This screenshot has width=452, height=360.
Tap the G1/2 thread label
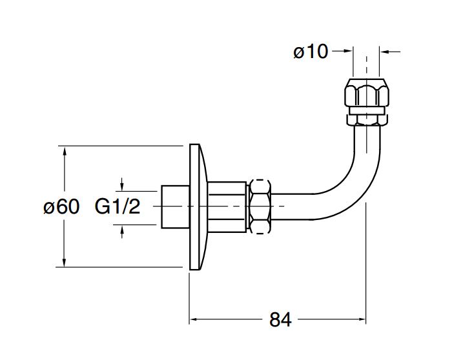pos(119,207)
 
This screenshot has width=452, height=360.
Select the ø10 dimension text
pos(311,52)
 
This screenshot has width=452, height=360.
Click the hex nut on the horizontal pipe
pos(261,205)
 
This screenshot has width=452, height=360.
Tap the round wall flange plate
pos(198,206)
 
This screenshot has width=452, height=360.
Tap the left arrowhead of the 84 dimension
pos(193,319)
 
